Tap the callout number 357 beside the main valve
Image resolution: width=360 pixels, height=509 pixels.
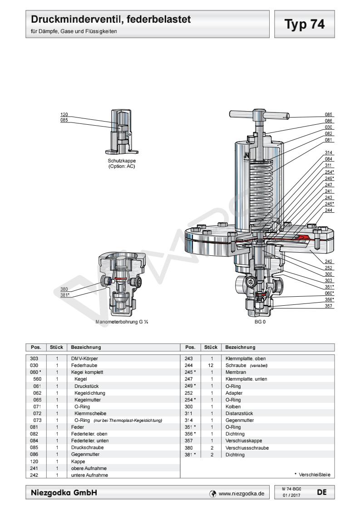(x=329, y=306)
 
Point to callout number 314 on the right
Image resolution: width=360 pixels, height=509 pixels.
(x=329, y=152)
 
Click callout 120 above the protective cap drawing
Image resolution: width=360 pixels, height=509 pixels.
(x=64, y=114)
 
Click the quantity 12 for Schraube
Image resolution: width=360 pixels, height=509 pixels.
(x=212, y=365)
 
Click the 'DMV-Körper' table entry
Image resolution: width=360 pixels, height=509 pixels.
(x=84, y=358)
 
